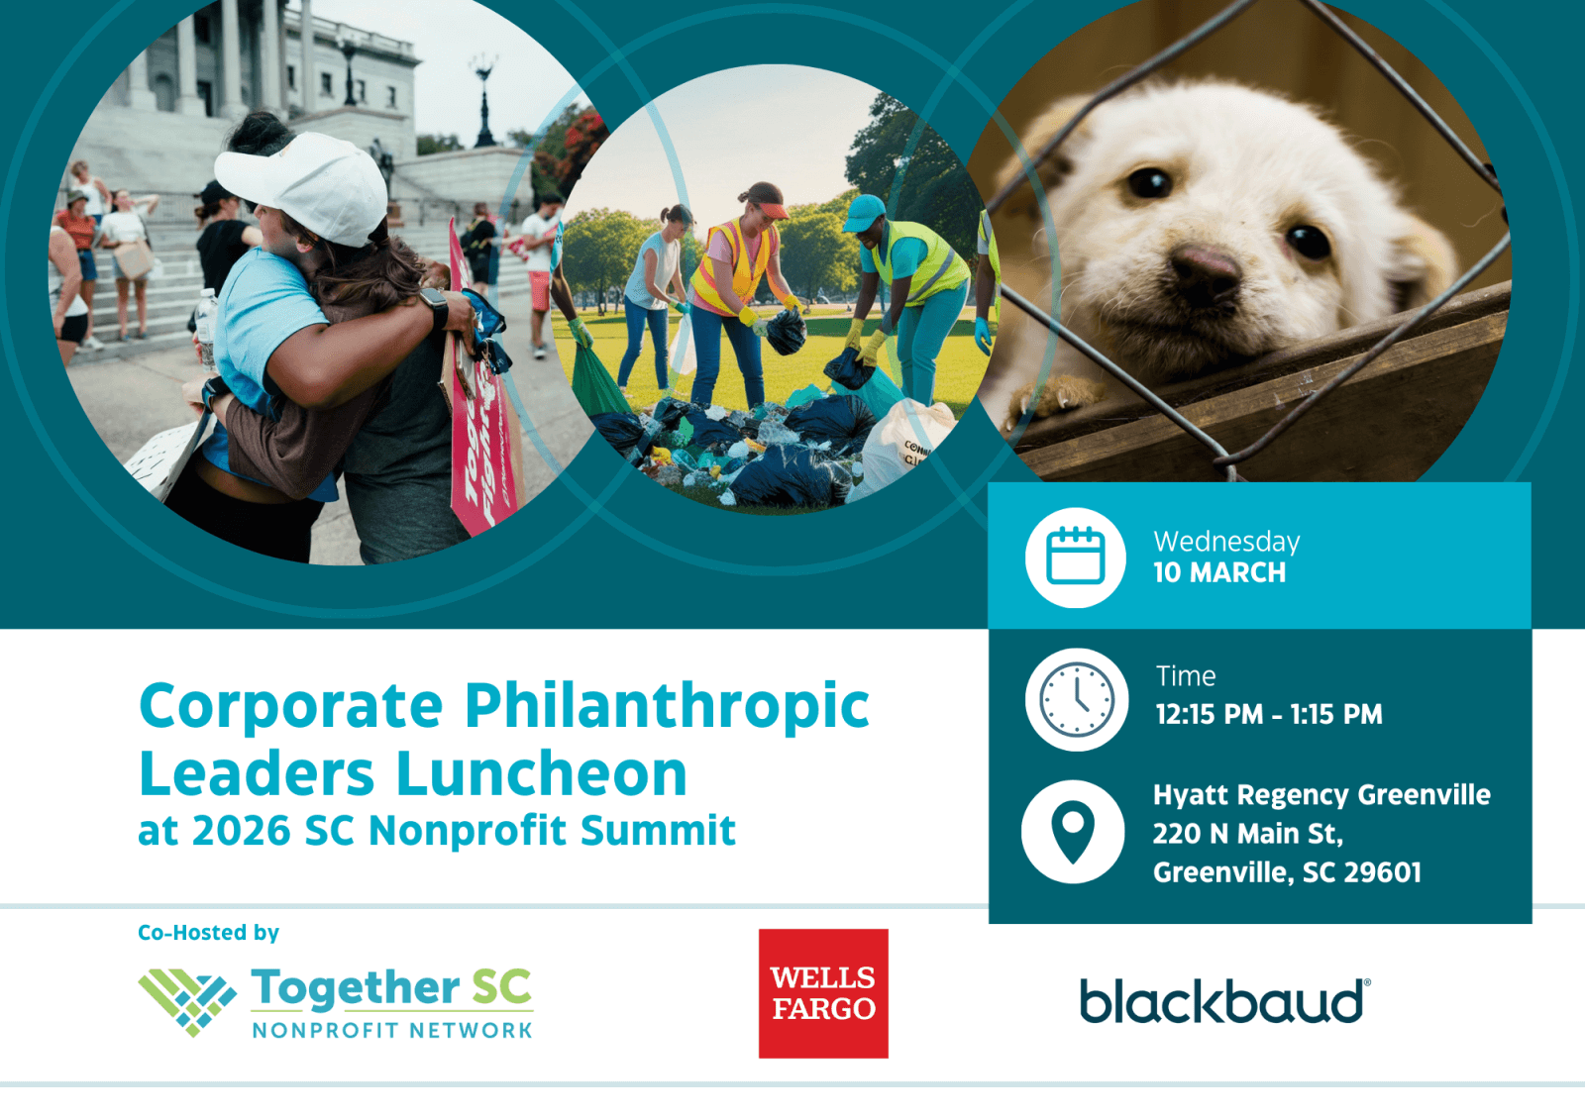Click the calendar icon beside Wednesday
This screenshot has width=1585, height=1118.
pos(1075,558)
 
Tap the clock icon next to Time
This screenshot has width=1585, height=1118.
pos(1076,699)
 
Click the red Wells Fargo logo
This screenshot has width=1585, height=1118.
pos(823,993)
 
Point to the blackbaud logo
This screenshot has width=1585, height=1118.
pos(1224,1000)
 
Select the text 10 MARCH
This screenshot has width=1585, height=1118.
pos(1219,572)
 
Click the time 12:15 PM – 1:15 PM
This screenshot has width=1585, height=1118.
pos(1269,714)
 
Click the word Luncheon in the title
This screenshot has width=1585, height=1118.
pos(542,773)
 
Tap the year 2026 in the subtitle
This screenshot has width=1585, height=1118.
pos(242,830)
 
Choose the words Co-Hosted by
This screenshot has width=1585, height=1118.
pos(209,933)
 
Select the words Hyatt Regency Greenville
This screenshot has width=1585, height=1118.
pos(1321,796)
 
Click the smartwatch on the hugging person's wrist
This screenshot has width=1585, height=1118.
pos(436,309)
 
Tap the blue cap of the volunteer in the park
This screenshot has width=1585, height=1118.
pos(863,212)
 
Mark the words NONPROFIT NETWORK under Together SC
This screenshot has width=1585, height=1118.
pos(392,1030)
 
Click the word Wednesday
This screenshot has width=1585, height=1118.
pos(1227,543)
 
